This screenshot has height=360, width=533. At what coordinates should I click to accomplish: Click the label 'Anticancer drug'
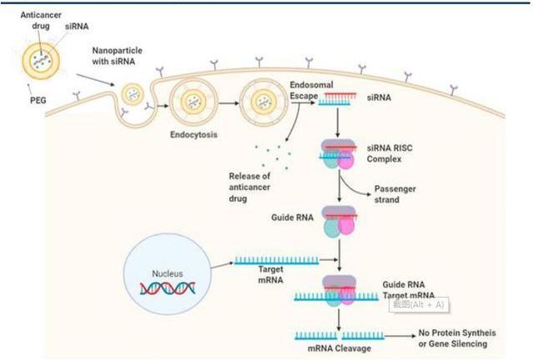tap(29, 19)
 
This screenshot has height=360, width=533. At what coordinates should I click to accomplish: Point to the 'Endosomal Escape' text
tap(310, 90)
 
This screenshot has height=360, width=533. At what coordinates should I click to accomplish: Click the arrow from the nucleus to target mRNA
tap(218, 266)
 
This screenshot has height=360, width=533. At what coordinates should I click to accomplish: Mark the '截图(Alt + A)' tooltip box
tap(420, 304)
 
